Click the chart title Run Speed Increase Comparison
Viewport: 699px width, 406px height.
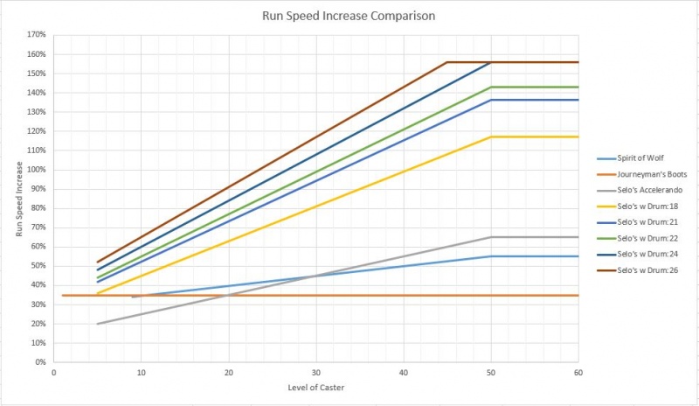[350, 15]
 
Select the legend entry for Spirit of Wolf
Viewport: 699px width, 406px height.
[642, 159]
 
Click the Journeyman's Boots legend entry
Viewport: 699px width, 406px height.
[647, 175]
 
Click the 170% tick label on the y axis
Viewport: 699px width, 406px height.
[36, 36]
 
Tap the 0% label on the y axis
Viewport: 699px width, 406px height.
[39, 361]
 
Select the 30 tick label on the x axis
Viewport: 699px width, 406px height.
[315, 371]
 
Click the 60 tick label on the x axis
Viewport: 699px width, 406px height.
[578, 371]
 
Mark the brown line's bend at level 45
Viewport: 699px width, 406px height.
[446, 62]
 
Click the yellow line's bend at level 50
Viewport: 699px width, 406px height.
[490, 136]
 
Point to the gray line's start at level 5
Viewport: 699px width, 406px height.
[97, 324]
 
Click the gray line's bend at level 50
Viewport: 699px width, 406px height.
[490, 237]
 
